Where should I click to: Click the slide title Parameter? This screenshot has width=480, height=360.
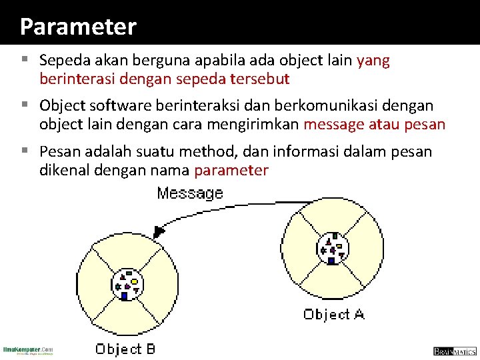78,27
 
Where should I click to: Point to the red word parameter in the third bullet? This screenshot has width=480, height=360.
231,170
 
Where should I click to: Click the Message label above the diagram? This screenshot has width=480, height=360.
189,193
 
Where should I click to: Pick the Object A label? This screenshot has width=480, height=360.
333,313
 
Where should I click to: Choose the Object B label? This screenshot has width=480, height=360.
125,349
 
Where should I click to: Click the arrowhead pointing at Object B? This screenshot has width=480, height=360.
159,231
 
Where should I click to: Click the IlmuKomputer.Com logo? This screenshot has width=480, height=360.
28,350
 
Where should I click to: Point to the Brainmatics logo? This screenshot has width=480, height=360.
455,351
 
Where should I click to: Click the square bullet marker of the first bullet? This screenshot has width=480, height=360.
25,59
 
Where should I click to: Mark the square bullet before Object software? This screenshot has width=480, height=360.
25,104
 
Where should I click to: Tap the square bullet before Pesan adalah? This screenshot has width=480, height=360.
25,150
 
